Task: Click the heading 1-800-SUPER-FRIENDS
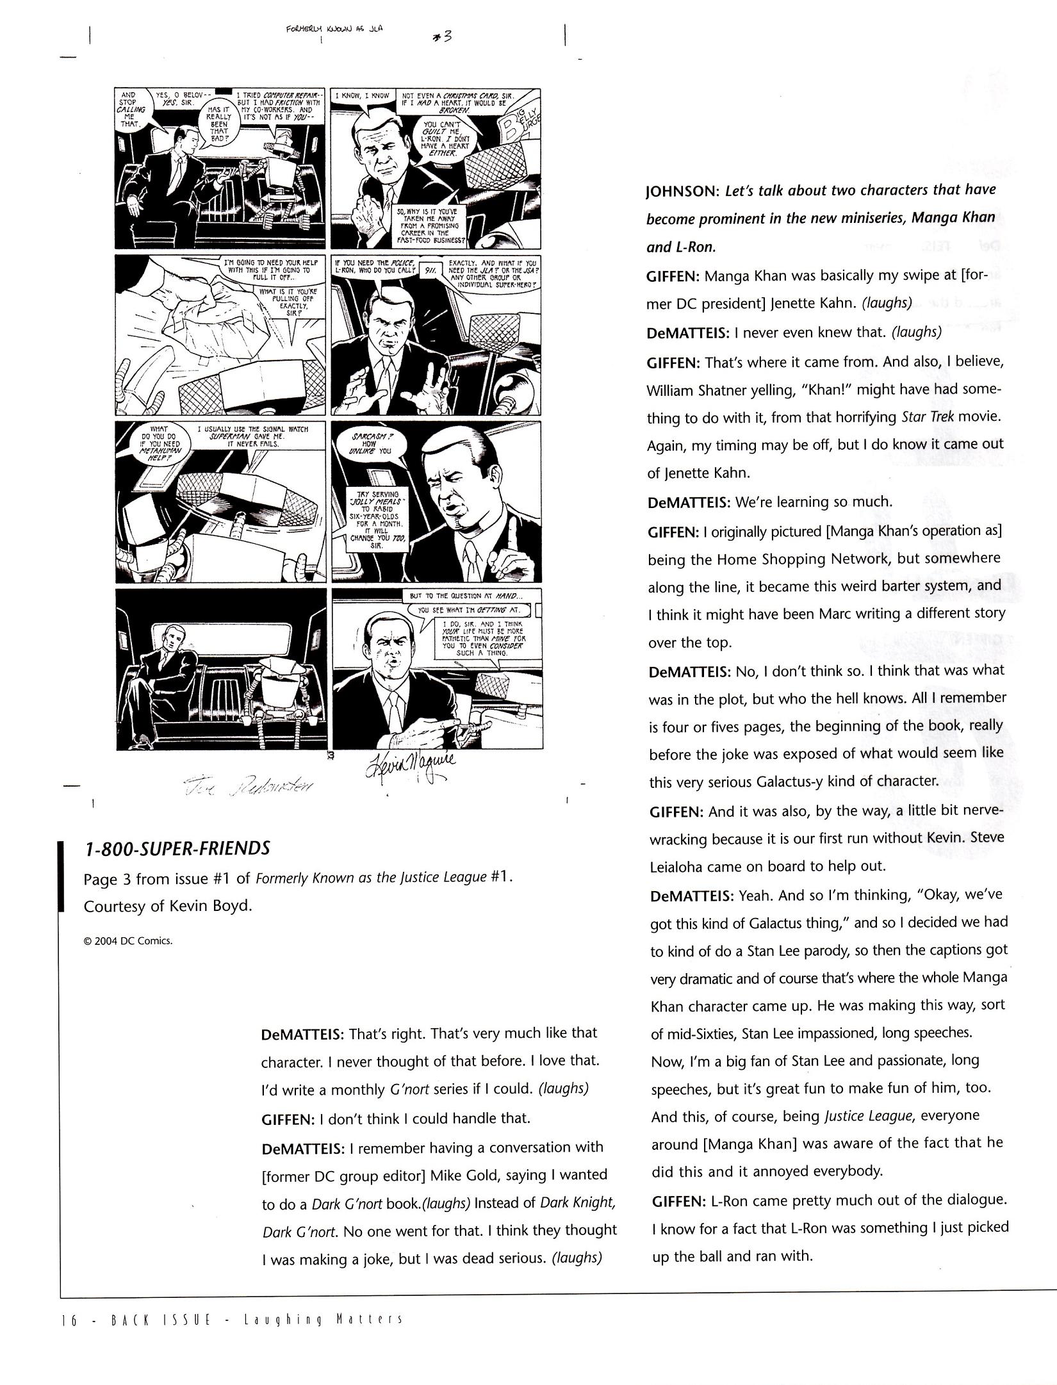(177, 848)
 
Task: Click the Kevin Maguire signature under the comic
(410, 765)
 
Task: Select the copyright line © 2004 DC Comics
(128, 941)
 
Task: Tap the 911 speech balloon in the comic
(430, 270)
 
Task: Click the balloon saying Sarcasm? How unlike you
(370, 443)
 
